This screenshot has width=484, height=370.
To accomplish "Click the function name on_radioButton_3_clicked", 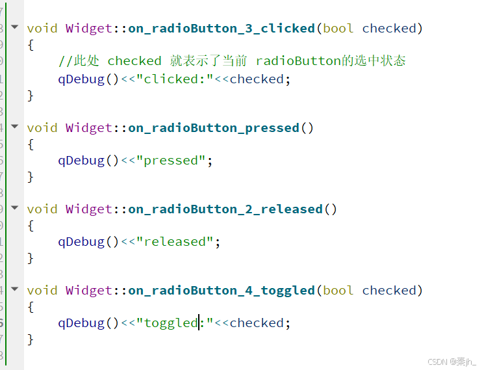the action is pos(221,29).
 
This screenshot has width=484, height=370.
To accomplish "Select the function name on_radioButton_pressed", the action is pos(213,128).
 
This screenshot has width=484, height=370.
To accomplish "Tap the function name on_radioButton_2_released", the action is pos(225,209).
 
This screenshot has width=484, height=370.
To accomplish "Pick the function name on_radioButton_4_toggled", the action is pos(221,291).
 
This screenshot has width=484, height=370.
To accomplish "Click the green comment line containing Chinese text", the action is pos(232,61).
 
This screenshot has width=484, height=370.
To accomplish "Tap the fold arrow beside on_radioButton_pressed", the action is pos(15,126).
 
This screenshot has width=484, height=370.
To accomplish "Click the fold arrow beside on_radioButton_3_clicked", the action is pos(15,27).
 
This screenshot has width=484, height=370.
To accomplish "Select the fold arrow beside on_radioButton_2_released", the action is pos(15,207).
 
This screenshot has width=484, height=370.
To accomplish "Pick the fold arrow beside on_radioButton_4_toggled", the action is pos(15,289).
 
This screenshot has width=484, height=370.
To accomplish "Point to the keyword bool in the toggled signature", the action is pos(338,291).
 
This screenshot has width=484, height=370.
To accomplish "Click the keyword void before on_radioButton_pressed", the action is pos(42,128).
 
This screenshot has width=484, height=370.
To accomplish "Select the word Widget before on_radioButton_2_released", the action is pos(89,209).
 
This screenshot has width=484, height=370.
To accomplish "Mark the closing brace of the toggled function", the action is pos(30,339).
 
